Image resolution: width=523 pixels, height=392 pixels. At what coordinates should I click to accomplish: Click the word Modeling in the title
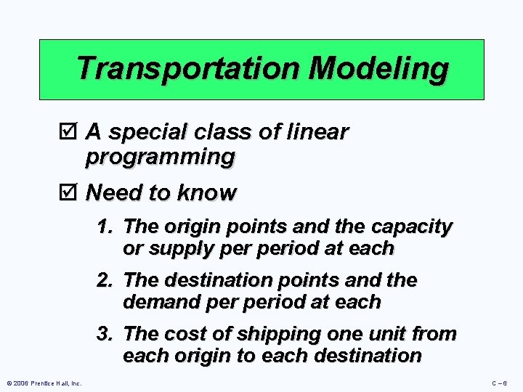[x=378, y=68]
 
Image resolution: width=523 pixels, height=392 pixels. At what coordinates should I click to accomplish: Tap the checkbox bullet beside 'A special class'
[x=70, y=132]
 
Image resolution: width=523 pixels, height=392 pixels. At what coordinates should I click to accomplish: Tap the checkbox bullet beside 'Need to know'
[x=70, y=193]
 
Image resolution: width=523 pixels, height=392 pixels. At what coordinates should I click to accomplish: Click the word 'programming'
[x=160, y=156]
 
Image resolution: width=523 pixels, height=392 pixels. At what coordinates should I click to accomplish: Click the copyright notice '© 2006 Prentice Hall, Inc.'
[x=43, y=383]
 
